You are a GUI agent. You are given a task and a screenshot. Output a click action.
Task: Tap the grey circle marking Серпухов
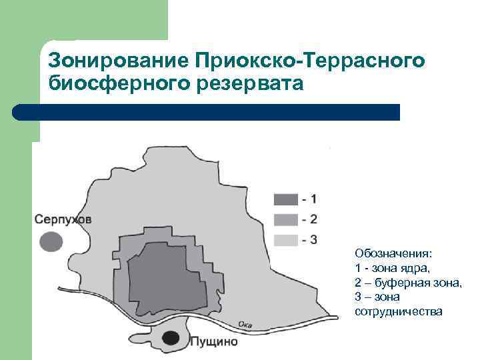coord(51,241)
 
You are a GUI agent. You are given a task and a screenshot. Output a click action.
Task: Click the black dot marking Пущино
coord(171,339)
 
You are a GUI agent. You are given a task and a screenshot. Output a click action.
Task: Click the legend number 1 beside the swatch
coord(313,199)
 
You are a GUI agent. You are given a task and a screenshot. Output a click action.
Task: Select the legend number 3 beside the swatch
coord(313,239)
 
